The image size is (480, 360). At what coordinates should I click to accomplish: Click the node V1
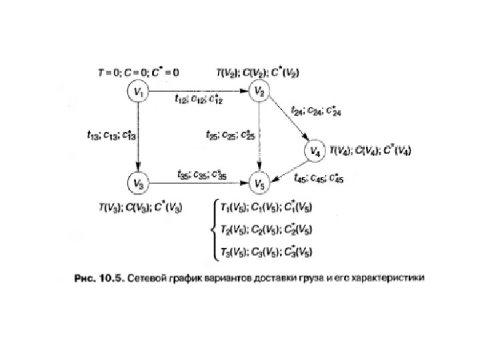138,92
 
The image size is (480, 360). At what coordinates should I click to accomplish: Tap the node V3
138,181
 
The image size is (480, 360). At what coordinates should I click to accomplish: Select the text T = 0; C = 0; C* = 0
139,71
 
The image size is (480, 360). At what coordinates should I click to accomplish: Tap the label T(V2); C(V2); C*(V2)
257,71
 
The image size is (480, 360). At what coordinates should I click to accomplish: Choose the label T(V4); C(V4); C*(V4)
371,151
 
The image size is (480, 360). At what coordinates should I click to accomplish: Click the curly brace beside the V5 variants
213,229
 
